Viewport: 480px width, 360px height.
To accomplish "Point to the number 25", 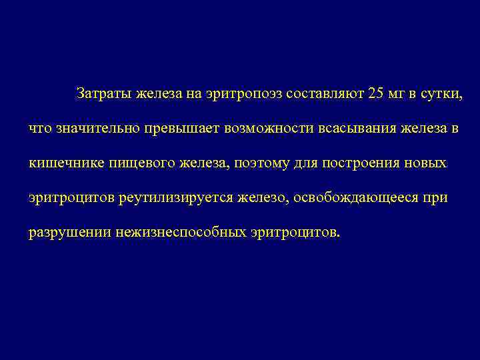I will click(x=375, y=94).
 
